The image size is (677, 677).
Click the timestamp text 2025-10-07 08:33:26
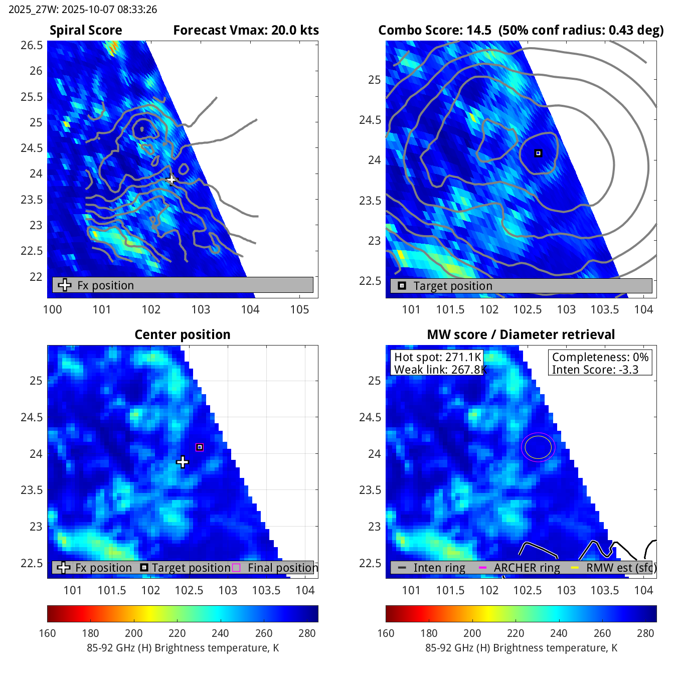[x=109, y=10]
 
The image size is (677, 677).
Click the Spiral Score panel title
[x=86, y=31]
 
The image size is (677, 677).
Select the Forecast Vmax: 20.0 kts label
[x=246, y=31]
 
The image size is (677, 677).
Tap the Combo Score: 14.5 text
[x=435, y=31]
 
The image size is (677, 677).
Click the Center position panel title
[x=183, y=335]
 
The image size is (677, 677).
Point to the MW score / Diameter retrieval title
[x=521, y=335]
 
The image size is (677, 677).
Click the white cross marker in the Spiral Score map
[x=172, y=179]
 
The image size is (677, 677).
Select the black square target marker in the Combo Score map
[x=538, y=153]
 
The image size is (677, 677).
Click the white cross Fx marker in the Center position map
[x=183, y=462]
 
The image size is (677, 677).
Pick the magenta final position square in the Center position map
[x=200, y=447]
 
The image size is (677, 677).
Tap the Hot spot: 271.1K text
[x=437, y=357]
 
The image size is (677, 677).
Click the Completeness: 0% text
[x=600, y=357]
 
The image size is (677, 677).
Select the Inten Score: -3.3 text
[x=595, y=370]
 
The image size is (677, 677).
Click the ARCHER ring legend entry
[x=527, y=568]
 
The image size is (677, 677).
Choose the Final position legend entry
[x=282, y=568]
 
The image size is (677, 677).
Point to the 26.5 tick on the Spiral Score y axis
[x=32, y=46]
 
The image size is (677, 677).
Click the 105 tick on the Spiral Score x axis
[x=299, y=309]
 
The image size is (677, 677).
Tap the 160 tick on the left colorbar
[x=47, y=633]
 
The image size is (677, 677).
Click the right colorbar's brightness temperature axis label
[x=521, y=648]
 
